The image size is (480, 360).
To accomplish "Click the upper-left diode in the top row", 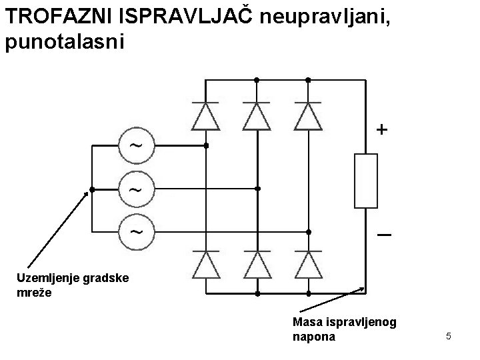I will [205, 116].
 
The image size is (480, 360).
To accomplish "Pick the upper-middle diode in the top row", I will [257, 116].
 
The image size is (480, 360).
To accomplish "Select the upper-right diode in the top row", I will [308, 116].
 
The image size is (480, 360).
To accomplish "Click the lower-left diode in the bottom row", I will [205, 264].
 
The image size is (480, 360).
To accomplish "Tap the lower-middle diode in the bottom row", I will [257, 264].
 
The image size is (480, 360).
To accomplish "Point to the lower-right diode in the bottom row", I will [308, 264].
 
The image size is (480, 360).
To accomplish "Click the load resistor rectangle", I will [366, 181].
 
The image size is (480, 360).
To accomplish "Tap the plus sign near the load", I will [380, 129].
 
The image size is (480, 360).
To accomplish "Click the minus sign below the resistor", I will [383, 236].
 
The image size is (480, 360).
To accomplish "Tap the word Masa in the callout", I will [307, 323].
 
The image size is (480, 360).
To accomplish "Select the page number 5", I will [449, 336].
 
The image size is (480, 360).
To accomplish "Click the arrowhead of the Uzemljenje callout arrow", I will [87, 194].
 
